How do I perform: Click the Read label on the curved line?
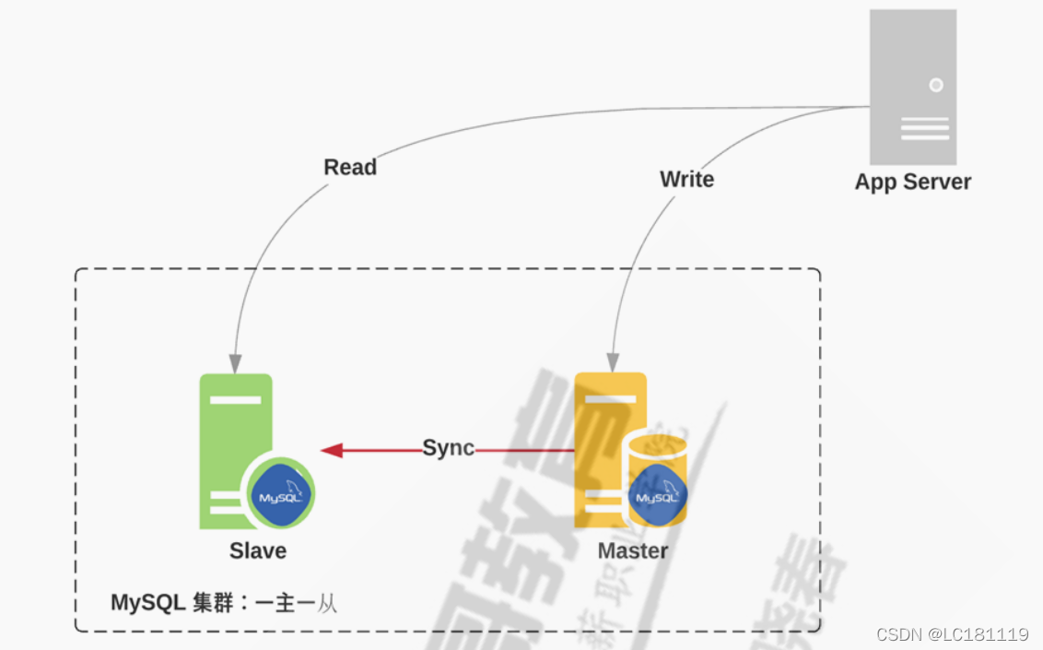point(350,168)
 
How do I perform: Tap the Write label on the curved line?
point(686,180)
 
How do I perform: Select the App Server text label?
point(912,182)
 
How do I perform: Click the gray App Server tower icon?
point(912,88)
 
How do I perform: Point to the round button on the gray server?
point(936,85)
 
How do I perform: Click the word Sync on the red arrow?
point(448,448)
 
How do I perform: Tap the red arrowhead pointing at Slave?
point(332,450)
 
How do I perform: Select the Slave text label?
point(258,551)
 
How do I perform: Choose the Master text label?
point(633,551)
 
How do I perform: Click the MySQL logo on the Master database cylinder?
point(657,496)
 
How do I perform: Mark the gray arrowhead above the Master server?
point(613,363)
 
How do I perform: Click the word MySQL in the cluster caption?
point(148,603)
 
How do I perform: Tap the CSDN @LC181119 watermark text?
point(952,634)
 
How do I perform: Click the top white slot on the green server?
point(236,399)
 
